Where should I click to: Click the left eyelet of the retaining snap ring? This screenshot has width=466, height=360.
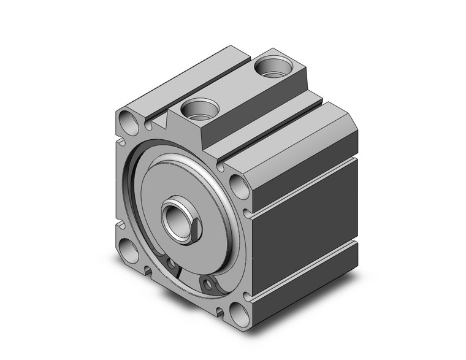tap(172, 264)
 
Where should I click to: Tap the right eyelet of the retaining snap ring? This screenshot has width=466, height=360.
tap(210, 283)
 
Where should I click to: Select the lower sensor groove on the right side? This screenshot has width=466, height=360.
tap(304, 274)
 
